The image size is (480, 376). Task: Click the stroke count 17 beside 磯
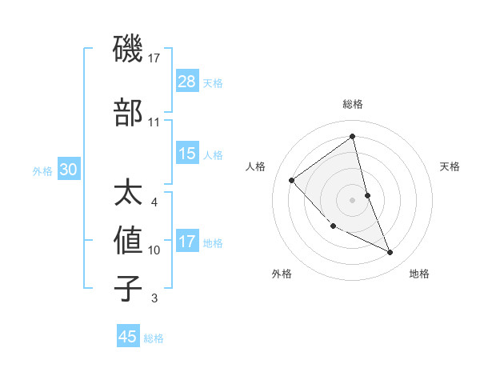coord(154,58)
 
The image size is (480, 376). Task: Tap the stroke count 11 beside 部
coord(154,122)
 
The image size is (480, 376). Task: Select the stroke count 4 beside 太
coord(154,202)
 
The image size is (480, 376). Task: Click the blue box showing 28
coord(187,82)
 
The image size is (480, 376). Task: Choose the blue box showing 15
coord(187,154)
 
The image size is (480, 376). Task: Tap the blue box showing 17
coord(187,242)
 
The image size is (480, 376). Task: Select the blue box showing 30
coord(68,170)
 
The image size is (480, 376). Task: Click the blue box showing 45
coord(128,337)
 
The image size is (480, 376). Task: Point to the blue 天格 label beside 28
coord(213,82)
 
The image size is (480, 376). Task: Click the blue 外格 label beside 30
coord(42,170)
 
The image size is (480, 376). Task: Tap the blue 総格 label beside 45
coord(154,338)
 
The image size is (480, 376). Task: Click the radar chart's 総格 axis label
coord(353,104)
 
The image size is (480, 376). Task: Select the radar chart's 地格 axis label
coord(419,274)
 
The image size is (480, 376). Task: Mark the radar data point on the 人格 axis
coord(292,180)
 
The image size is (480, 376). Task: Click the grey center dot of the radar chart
coord(353,199)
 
